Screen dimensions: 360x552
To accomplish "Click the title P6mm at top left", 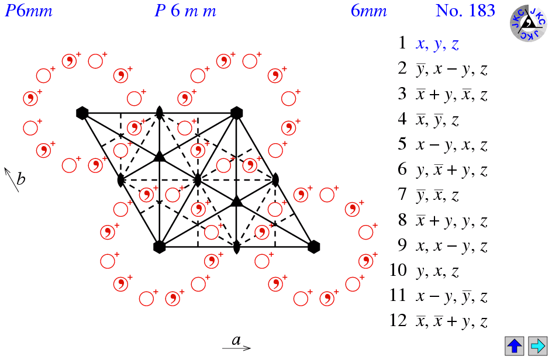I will pos(29,11).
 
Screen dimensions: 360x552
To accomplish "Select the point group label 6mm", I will pos(368,11).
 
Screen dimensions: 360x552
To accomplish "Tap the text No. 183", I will pos(465,11).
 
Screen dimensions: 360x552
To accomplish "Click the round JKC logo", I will pos(528,23).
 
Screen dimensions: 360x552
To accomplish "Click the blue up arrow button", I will pos(515,345).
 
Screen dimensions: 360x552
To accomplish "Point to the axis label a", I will pos(236,340).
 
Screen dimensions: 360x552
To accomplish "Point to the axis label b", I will pos(20,179).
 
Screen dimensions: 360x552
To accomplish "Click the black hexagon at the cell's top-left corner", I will pos(82,113).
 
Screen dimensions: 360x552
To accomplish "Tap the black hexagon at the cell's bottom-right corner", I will pos(313,247).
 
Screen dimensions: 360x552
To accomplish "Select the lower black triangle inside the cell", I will pos(236,202).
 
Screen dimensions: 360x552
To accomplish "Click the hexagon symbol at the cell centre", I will pos(198,179).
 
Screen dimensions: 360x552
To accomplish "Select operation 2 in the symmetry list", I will pos(443,70).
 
